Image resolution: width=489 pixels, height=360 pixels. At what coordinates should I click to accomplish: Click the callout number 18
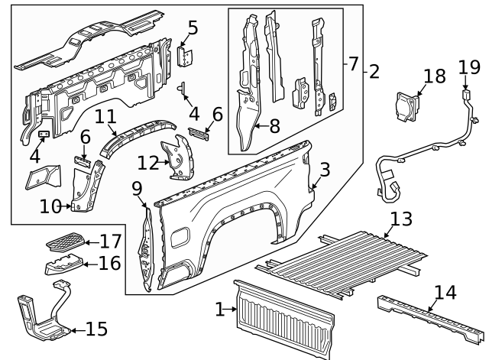click(434, 76)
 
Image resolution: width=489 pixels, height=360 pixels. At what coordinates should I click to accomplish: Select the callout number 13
click(400, 220)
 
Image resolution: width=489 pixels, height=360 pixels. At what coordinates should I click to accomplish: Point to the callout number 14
click(445, 292)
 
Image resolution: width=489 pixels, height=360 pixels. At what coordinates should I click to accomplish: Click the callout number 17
click(111, 242)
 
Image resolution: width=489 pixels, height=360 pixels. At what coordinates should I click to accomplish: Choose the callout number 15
click(96, 329)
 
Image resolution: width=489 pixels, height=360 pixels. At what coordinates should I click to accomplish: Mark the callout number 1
click(220, 310)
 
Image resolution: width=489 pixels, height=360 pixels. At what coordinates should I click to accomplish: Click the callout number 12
click(148, 162)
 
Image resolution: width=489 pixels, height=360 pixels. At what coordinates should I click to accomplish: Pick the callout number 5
click(193, 29)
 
